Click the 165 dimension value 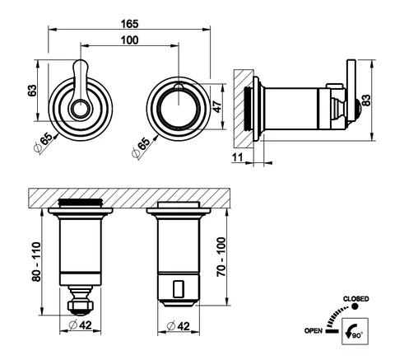[130, 24]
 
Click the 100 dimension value [130, 40]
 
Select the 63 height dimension [32, 91]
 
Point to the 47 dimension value [217, 107]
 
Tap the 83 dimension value [366, 101]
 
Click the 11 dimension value [238, 157]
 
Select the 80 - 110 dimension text [36, 262]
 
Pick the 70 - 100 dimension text [221, 257]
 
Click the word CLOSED [355, 299]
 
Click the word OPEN [314, 330]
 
